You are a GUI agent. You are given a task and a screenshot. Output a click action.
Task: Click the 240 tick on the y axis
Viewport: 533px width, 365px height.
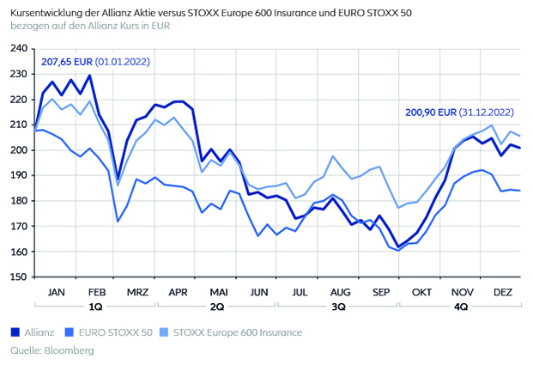click(x=19, y=48)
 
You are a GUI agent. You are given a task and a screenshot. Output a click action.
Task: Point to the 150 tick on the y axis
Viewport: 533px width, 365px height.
click(x=19, y=277)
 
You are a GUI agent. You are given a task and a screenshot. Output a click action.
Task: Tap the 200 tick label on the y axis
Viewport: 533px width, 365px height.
click(x=19, y=150)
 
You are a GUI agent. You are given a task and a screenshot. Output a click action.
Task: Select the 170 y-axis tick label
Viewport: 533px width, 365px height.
click(x=19, y=227)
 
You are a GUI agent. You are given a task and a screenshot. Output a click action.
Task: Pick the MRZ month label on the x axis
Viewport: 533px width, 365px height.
click(x=136, y=292)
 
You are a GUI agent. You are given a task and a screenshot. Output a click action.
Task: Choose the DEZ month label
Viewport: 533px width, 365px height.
click(x=501, y=292)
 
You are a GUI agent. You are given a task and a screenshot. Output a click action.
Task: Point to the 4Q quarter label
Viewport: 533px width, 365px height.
click(x=460, y=306)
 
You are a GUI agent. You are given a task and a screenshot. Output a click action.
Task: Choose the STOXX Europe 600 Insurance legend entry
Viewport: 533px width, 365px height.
click(x=238, y=332)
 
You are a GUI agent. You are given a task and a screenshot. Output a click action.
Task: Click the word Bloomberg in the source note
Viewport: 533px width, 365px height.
click(x=67, y=350)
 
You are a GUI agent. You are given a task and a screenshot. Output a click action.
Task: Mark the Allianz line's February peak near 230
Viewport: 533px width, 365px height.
click(x=90, y=76)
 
